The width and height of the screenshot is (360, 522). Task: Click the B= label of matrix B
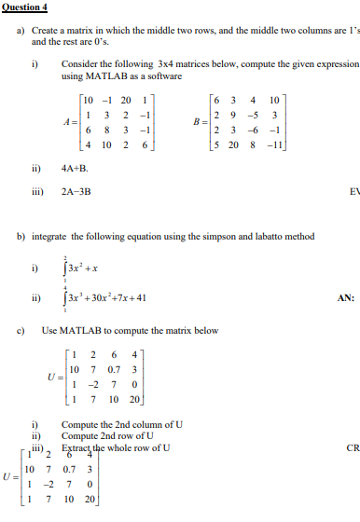[200, 121]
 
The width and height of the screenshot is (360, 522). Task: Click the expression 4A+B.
[75, 169]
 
